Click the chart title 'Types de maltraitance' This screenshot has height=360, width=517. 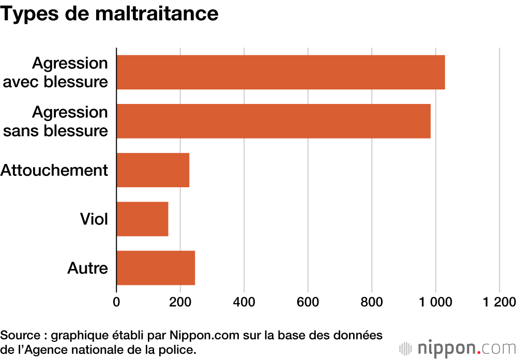(x=110, y=13)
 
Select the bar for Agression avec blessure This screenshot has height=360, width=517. (x=281, y=72)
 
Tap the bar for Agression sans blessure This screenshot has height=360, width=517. (x=273, y=121)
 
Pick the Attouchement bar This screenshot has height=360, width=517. (x=153, y=170)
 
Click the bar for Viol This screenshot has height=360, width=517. (x=142, y=219)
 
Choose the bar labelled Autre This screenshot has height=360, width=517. (x=156, y=267)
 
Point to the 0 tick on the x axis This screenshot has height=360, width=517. (x=116, y=302)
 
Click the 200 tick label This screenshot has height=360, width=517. (x=180, y=302)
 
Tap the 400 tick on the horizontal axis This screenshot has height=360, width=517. (x=244, y=302)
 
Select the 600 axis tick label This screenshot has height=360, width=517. (x=308, y=302)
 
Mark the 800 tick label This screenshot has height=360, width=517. (x=372, y=302)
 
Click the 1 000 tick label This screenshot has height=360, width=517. (x=435, y=302)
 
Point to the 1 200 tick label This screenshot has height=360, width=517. (x=499, y=302)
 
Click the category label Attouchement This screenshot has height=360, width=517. (x=54, y=170)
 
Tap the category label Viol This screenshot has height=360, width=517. (x=94, y=219)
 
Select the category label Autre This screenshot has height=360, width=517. (x=87, y=268)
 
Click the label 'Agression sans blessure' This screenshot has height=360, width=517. (x=56, y=121)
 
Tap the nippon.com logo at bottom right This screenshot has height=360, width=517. (x=457, y=348)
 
